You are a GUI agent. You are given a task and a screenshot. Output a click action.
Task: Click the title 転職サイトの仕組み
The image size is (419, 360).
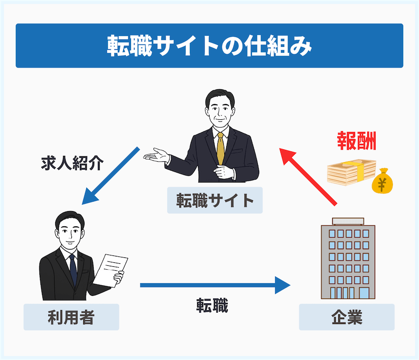click(209, 46)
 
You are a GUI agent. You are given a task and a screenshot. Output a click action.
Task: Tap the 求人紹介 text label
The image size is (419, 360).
click(72, 163)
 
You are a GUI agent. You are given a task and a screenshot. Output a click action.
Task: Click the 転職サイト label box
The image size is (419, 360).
click(214, 200)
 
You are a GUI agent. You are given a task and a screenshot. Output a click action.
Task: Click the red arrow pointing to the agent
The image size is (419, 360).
click(308, 176)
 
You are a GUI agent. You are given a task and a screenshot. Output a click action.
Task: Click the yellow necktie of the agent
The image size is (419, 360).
click(220, 148)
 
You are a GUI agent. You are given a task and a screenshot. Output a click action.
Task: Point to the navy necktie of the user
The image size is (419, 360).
click(73, 269)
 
